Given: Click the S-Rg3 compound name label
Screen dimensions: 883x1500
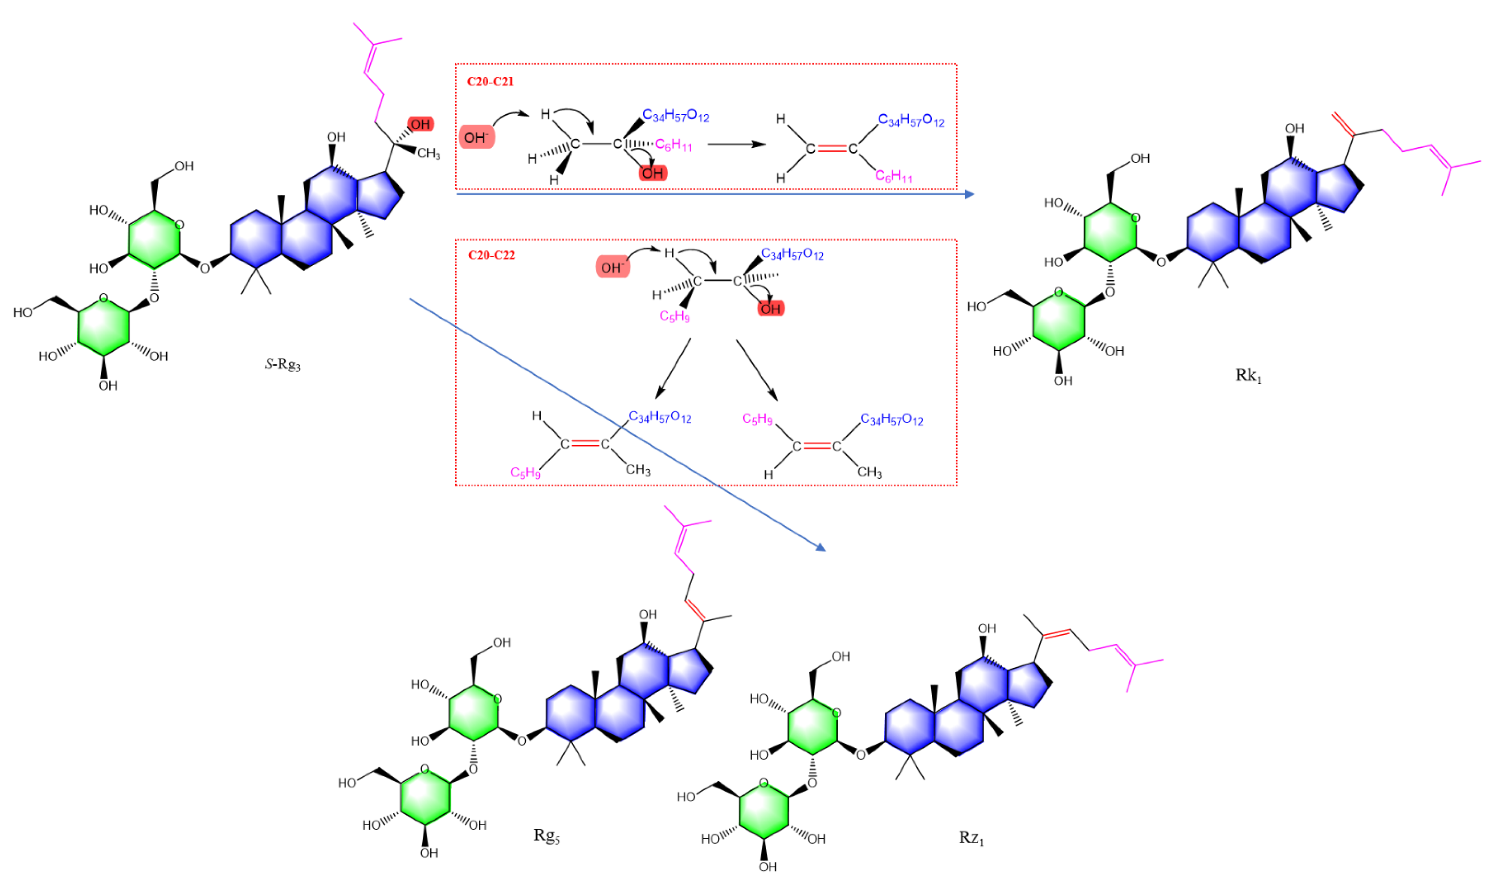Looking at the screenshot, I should (x=283, y=364).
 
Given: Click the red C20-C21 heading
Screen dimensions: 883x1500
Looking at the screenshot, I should (x=490, y=81).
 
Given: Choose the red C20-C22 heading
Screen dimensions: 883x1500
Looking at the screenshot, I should (x=491, y=255).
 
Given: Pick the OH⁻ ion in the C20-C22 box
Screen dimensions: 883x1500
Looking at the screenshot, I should (x=613, y=268).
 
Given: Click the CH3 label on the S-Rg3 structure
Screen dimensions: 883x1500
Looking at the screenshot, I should (x=429, y=154).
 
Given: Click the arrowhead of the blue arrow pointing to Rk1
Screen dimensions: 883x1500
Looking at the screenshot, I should (x=969, y=194).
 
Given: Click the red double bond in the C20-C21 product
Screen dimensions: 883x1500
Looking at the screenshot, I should (x=831, y=148).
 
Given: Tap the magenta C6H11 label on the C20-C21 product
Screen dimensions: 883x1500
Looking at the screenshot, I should (x=893, y=176).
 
